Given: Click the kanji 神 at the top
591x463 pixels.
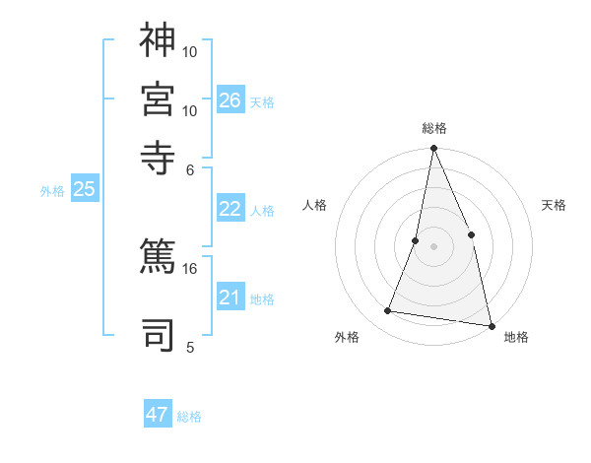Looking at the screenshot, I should click(x=158, y=40).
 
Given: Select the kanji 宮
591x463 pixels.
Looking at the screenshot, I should click(x=158, y=99).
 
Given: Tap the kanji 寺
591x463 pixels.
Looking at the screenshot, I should click(x=158, y=157).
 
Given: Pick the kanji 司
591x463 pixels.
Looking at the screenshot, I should click(x=158, y=334).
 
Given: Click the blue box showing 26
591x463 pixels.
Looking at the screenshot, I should click(x=230, y=99).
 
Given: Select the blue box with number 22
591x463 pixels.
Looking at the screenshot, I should click(x=230, y=209).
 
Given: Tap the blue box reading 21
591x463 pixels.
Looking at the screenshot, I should click(x=230, y=298).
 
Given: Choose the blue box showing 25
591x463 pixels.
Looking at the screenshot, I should click(x=85, y=190).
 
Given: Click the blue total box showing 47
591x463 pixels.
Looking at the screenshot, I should click(x=158, y=415).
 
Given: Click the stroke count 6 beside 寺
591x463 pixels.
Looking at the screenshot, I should click(x=190, y=169).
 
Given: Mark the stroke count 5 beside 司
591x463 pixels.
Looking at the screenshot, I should click(x=190, y=347).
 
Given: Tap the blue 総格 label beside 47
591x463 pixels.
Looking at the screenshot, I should click(x=190, y=417).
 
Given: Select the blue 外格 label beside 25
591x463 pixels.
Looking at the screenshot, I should click(x=52, y=192).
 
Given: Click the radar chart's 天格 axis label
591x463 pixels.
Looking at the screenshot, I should click(x=554, y=206).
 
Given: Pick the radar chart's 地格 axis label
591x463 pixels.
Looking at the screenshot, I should click(x=516, y=338).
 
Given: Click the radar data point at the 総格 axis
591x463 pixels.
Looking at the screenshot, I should click(x=433, y=149).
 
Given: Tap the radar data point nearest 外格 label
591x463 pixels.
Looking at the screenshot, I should click(x=388, y=311).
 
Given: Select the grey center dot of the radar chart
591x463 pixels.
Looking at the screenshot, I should click(x=433, y=245).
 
